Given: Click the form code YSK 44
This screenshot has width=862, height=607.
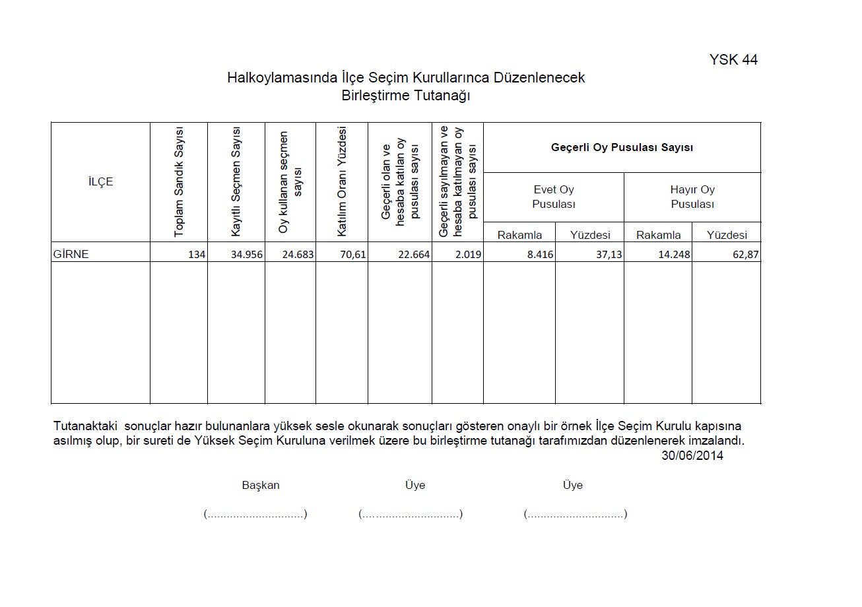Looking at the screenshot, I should pos(733,60).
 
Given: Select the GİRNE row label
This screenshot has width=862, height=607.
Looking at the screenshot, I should pos(71,254).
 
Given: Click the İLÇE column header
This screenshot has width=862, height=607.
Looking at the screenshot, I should pos(100,182).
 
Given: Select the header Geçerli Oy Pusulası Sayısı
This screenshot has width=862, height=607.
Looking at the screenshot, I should pos(622,148).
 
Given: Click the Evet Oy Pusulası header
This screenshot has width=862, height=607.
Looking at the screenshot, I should pos(554,197).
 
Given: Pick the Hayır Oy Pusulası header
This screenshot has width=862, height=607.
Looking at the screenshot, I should pos(692,197).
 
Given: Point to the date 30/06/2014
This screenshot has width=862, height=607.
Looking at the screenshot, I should pos(692,456).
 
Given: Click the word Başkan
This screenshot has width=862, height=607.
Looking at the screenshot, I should pos(261,485).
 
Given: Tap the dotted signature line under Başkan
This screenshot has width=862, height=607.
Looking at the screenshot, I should pos(255,514).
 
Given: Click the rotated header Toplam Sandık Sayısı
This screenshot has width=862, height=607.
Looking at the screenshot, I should pos(179,182).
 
